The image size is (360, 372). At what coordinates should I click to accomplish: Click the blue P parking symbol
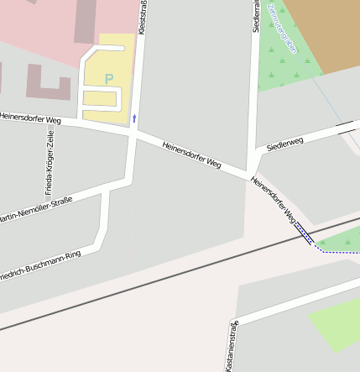point(108,79)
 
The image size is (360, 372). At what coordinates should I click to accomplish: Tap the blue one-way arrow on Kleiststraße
point(133,118)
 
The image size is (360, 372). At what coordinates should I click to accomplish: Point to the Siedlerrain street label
point(256,17)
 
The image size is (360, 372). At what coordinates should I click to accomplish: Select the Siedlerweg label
point(284,144)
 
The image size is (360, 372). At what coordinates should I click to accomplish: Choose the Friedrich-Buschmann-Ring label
point(38,265)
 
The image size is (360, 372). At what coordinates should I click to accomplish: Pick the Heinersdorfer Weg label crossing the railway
point(276,202)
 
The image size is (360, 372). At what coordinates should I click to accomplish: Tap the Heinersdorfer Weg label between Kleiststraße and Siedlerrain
point(191,154)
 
